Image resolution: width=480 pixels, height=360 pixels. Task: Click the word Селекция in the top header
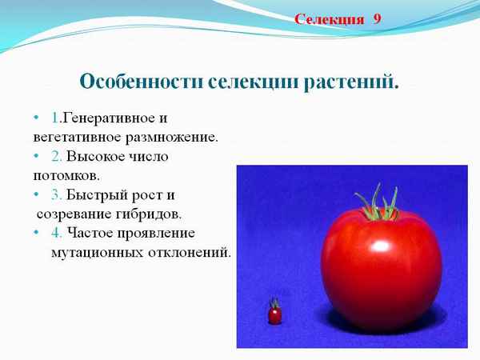coord(329,18)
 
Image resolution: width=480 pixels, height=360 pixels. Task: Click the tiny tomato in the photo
coord(274,314)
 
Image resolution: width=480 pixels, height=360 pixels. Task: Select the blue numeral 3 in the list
coord(55,194)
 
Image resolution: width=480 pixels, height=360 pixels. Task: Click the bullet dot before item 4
coord(37,233)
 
